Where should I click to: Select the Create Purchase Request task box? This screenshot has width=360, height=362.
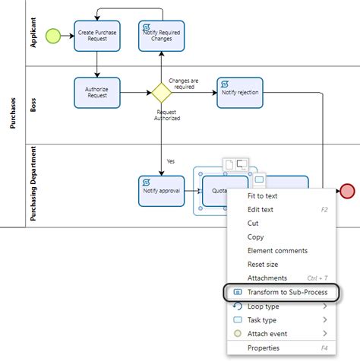(x=97, y=35)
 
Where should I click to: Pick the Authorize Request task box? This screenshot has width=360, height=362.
(x=97, y=93)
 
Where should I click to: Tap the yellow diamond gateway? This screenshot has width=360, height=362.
(x=161, y=93)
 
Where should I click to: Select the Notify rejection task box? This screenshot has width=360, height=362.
(x=239, y=93)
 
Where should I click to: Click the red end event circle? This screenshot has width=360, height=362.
(x=348, y=191)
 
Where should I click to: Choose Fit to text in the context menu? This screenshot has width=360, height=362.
(x=263, y=195)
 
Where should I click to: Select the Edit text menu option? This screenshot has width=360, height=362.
(x=262, y=209)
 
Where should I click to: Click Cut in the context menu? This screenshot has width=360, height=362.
(x=254, y=223)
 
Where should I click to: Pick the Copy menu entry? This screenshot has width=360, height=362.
(x=256, y=237)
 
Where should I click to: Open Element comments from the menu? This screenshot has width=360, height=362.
(x=277, y=250)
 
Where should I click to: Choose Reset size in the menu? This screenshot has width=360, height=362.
(x=264, y=264)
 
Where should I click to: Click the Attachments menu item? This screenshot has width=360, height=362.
(x=267, y=278)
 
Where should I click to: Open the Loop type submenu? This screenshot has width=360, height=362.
(x=263, y=306)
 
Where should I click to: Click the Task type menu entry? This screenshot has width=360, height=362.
(x=263, y=320)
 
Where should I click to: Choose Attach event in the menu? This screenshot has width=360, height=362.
(x=267, y=333)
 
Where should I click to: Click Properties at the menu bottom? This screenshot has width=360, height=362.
(x=264, y=348)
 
